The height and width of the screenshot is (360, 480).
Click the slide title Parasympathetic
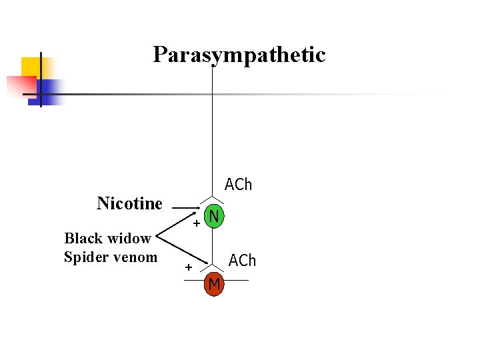[x=239, y=55]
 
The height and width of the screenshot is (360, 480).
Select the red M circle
[x=213, y=285]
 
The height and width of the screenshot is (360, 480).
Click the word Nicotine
[x=129, y=203]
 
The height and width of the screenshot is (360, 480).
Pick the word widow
[x=130, y=239]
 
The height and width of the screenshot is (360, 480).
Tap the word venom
[x=135, y=257]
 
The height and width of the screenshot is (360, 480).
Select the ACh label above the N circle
[x=238, y=184]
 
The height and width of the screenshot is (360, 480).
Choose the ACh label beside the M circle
[x=242, y=261]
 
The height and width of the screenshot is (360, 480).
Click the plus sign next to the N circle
[x=197, y=224]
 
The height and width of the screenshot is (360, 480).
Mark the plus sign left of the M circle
[x=189, y=268]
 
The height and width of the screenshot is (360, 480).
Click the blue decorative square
[x=51, y=90]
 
